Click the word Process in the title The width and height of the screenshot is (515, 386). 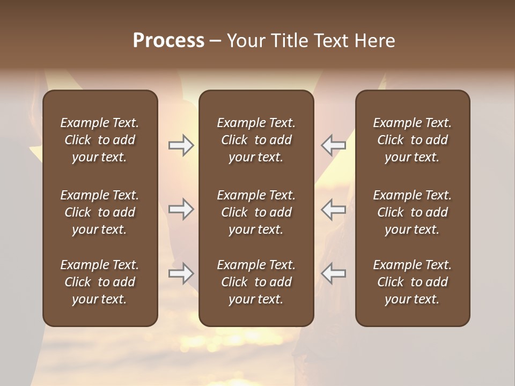tap(168, 41)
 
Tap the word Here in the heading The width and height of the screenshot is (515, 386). tap(375, 41)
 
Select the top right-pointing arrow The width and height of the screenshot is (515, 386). tap(181, 145)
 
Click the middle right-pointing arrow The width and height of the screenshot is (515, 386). tap(181, 209)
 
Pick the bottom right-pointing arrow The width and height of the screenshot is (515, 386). tap(181, 273)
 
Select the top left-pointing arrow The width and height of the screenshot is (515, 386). tap(334, 145)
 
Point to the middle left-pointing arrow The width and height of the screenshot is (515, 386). tap(334, 209)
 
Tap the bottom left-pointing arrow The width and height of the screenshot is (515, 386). tap(334, 273)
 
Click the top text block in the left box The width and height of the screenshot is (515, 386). tap(100, 140)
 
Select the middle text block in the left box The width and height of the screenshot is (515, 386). tap(100, 212)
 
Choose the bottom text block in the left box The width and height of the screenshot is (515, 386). tap(100, 282)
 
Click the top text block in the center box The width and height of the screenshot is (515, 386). tap(256, 140)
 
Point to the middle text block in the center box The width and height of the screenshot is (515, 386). tap(256, 212)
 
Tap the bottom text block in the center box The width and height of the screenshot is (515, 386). tap(256, 282)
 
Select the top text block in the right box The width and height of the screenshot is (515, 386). tap(413, 140)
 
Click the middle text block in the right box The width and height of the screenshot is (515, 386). tap(413, 212)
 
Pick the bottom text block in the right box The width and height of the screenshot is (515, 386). tap(413, 282)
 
